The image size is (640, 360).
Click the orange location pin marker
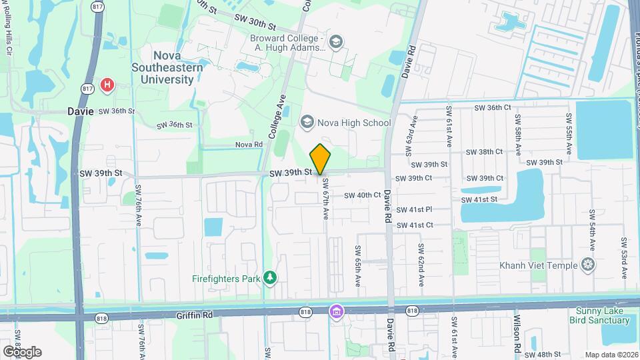click(321, 159)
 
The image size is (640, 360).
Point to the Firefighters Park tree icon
click(270, 277)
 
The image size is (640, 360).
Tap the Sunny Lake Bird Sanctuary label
click(600, 316)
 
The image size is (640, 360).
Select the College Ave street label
click(277, 121)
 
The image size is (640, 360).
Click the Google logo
click(21, 351)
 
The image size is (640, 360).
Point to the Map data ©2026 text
click(611, 354)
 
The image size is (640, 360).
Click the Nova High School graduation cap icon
click(307, 121)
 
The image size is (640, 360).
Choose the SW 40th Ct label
click(361, 195)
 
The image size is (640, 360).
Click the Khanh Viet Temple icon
click(587, 265)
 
